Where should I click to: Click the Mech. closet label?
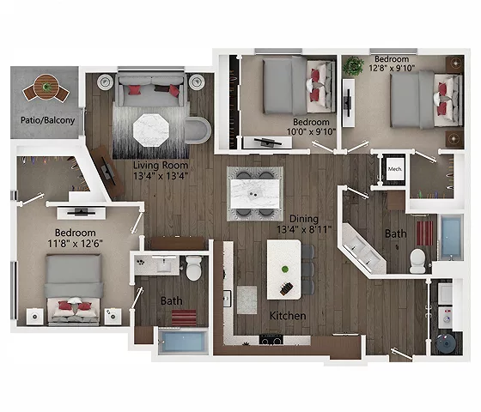[395, 168]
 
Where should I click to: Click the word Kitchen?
[289, 316]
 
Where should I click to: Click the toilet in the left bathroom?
[195, 268]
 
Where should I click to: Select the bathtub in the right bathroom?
[450, 239]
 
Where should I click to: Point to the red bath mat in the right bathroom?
[423, 232]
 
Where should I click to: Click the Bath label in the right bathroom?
[395, 233]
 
